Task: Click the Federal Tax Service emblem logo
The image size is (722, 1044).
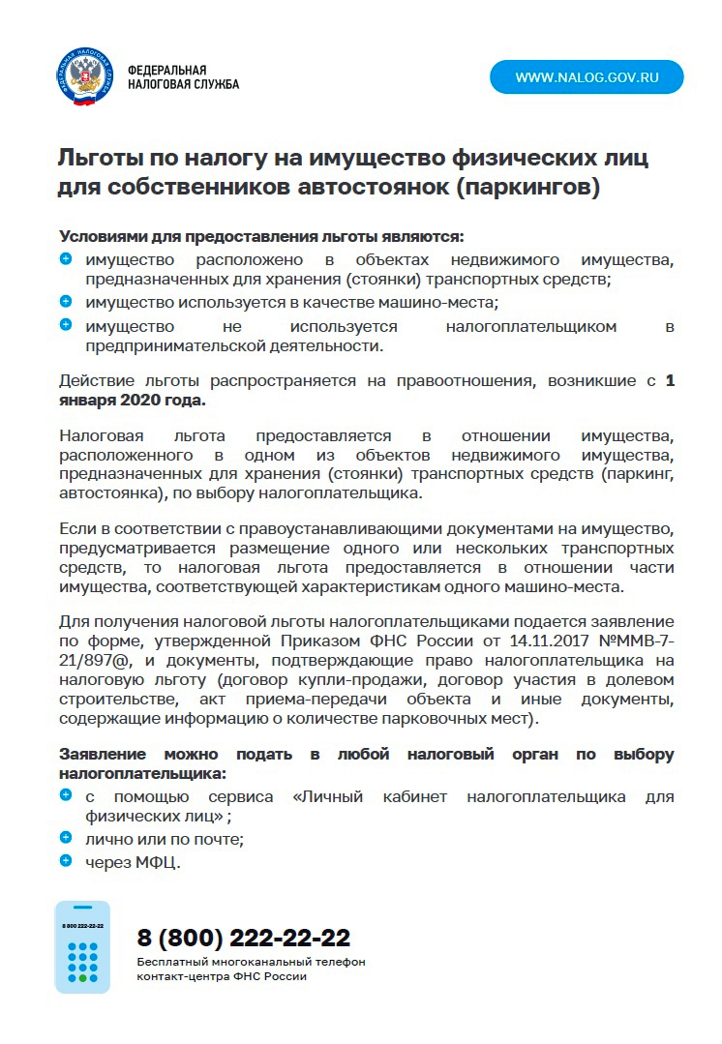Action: coord(84,77)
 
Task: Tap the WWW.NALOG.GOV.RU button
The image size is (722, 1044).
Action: coord(587,77)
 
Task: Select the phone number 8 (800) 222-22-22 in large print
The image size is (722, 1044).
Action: coord(244,938)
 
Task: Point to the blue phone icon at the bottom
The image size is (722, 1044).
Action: coord(82,947)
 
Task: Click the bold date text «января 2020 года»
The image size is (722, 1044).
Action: coord(133,400)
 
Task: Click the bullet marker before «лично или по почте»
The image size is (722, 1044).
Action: coord(66,837)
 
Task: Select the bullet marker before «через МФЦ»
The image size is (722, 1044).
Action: coord(66,860)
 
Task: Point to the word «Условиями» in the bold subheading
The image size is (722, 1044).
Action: coord(103,236)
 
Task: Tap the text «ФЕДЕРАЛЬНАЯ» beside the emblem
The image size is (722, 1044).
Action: coord(167,71)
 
